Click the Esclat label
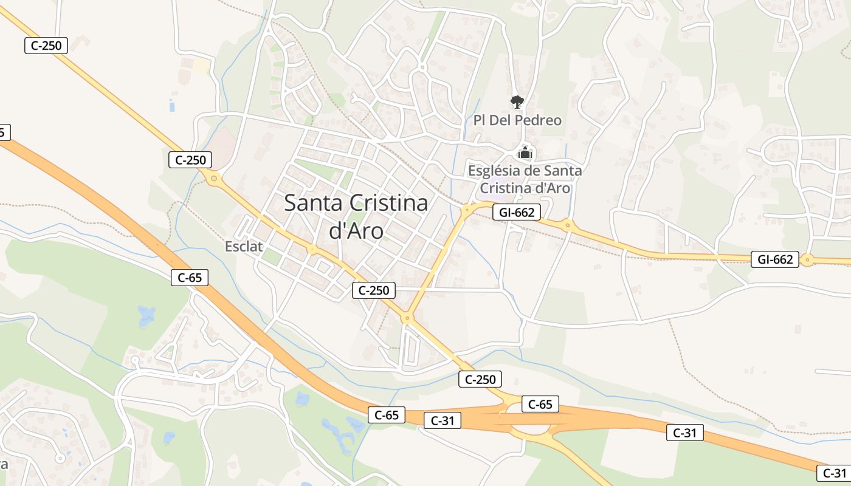pos(244,246)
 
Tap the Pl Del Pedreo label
pos(517,120)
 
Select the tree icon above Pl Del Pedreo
pos(517,101)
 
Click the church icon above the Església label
pos(525,152)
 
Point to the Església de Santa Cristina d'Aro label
pos(525,179)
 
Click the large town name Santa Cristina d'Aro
pos(356,216)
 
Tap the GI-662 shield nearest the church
pos(517,212)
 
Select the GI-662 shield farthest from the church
pos(774,259)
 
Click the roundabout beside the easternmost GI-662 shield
pos(807,260)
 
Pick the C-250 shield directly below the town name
pos(374,290)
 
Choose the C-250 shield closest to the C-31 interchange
pos(480,379)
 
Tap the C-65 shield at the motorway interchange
pos(540,404)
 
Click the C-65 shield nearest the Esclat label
pos(190,278)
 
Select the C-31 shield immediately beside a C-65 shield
pos(443,420)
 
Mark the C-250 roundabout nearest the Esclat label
pos(312,249)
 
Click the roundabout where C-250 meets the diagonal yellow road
pos(407,317)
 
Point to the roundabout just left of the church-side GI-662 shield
pos(468,210)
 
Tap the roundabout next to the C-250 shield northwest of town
pos(213,178)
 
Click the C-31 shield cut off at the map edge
pos(834,473)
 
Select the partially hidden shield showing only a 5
pos(3,132)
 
